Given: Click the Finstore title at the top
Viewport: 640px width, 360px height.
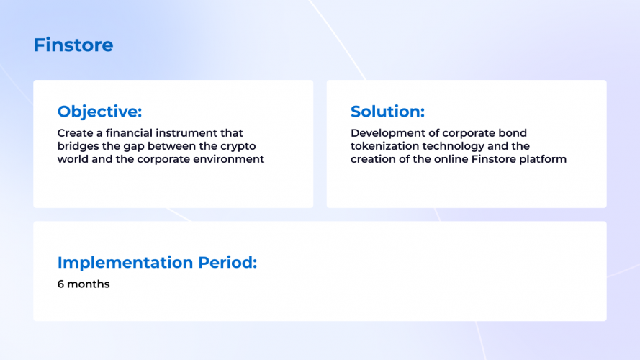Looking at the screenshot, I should [x=73, y=45].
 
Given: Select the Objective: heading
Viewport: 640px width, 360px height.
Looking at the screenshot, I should [x=99, y=112].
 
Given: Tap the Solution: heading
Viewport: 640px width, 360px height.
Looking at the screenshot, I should [x=387, y=112].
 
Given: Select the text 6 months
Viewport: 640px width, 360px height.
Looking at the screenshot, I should [x=84, y=284].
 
